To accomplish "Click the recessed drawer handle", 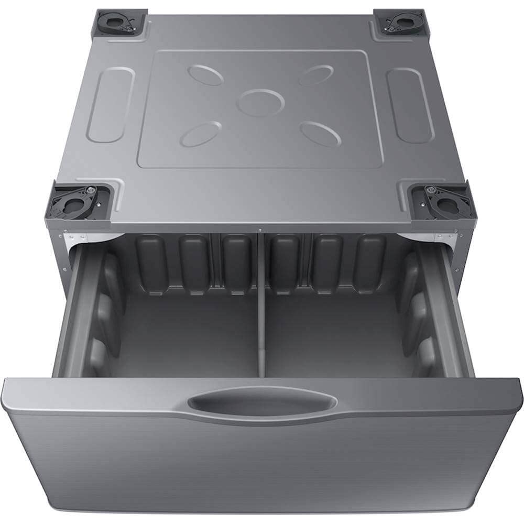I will pyautogui.click(x=261, y=403).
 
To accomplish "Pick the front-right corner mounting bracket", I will pyautogui.click(x=443, y=201).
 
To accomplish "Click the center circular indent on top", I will pyautogui.click(x=260, y=102).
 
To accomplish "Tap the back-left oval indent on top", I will pyautogui.click(x=205, y=75).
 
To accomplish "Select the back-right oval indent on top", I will pyautogui.click(x=315, y=75).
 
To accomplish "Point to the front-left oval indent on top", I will pyautogui.click(x=201, y=134).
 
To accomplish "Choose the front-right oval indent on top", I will pyautogui.click(x=321, y=134).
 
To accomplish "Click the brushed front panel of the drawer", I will pyautogui.click(x=262, y=461).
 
